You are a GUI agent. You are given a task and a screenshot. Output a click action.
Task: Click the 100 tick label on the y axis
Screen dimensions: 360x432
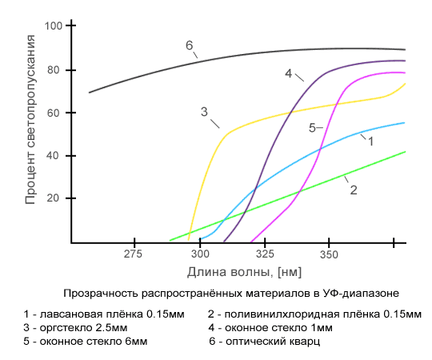54,26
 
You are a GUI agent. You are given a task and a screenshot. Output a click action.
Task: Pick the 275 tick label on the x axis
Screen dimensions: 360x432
134,254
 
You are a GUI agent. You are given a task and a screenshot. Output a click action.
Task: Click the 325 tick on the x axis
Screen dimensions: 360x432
263,254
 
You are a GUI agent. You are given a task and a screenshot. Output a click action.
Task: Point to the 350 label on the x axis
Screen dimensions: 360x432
328,254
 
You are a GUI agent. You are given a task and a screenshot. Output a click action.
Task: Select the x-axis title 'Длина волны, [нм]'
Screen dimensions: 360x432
238,271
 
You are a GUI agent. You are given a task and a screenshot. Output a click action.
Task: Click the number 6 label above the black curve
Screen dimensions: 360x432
190,46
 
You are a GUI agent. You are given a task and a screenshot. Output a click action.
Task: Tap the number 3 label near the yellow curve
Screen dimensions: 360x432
204,111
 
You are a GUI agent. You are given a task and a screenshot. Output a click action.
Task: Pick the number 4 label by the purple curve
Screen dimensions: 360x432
288,74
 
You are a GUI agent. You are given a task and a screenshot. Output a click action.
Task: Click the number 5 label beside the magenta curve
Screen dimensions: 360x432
313,127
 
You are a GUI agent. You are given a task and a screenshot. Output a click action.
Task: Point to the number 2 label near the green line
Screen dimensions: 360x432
353,190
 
